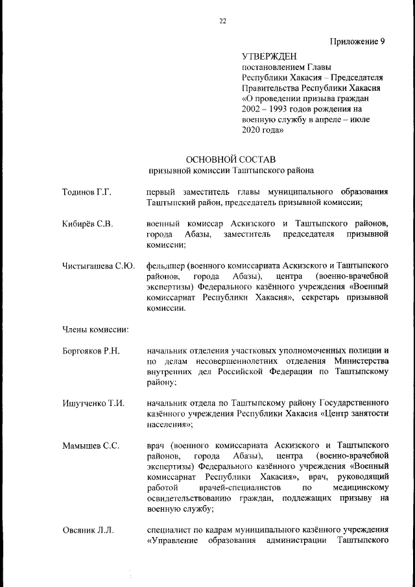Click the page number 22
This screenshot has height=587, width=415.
click(x=222, y=21)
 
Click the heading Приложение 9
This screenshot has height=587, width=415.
click(x=357, y=42)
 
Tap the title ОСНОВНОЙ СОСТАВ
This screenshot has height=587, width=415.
click(x=230, y=159)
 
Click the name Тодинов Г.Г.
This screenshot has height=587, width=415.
click(x=87, y=193)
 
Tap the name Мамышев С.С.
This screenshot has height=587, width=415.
click(x=90, y=446)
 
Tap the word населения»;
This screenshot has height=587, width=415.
click(x=171, y=424)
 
